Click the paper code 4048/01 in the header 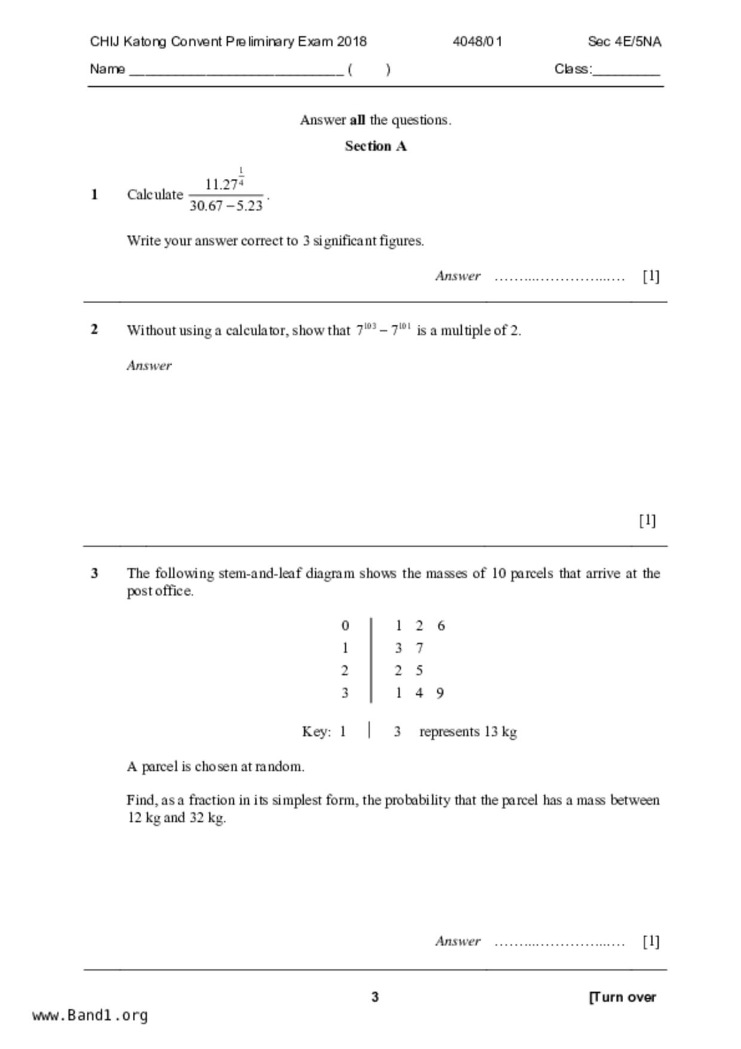(477, 42)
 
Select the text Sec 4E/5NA (624, 42)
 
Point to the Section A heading (376, 147)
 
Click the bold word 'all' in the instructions (357, 120)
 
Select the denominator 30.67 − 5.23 (226, 206)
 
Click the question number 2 (94, 330)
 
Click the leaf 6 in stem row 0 (441, 626)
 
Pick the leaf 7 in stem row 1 (419, 648)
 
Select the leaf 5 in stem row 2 (419, 671)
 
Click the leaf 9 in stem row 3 (440, 693)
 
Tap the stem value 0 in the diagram (345, 626)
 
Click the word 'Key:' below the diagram (316, 732)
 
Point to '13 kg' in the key (501, 732)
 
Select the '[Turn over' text (623, 997)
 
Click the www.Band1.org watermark (90, 1016)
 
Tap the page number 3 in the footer (375, 997)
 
